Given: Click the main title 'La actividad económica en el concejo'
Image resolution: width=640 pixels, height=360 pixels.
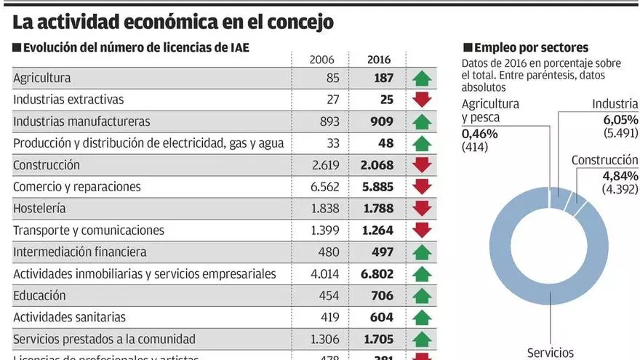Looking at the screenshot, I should tap(173, 22).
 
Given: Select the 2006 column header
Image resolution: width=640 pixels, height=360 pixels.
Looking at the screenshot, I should tap(321, 60).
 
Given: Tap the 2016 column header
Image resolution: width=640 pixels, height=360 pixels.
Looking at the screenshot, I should tap(379, 60).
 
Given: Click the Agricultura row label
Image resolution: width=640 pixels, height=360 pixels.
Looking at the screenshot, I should tap(41, 78).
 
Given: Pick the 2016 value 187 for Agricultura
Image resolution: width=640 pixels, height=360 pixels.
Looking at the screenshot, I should tap(383, 78).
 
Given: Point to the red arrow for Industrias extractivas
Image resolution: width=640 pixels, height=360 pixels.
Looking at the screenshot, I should tap(422, 100).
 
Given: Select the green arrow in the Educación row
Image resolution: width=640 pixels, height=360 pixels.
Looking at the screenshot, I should tap(422, 296).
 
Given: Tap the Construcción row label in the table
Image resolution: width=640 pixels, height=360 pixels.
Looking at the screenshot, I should tap(46, 165).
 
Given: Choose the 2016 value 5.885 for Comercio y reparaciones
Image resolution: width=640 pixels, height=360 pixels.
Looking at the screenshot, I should tap(377, 187).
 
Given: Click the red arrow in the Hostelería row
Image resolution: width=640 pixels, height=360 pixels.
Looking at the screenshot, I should tap(422, 209).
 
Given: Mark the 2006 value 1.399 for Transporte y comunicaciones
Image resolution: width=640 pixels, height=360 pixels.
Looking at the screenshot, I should tap(324, 231).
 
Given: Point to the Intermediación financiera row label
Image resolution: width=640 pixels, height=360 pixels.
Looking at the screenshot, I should tap(79, 252).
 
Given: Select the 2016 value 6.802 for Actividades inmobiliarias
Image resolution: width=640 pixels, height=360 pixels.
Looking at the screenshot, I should tap(377, 274).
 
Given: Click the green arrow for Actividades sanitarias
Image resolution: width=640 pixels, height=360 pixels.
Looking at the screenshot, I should tap(422, 318).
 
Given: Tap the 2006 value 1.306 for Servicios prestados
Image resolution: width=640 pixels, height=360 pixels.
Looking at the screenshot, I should tap(324, 339).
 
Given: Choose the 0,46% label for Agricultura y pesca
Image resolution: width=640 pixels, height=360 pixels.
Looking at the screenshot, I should tap(480, 134).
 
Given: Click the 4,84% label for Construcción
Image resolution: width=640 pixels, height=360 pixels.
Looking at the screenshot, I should tap(620, 176).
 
